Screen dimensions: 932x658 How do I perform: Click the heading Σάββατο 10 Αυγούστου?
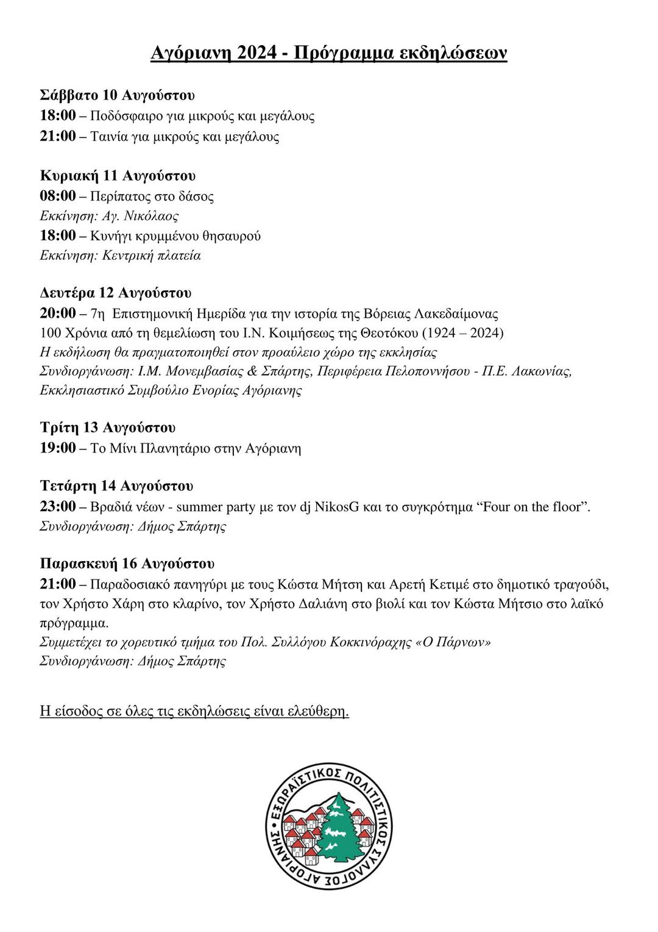[x=117, y=95]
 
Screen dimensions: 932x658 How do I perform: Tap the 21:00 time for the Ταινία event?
[x=58, y=136]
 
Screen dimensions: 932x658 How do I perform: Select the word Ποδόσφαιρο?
[x=126, y=116]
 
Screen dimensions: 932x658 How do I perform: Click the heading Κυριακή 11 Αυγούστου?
[x=118, y=176]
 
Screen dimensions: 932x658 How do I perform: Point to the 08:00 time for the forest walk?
[x=58, y=196]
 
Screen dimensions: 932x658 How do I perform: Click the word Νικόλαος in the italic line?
[x=151, y=216]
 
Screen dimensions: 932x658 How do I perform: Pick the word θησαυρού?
[x=233, y=235]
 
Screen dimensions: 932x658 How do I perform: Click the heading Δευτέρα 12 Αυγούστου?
[x=116, y=293]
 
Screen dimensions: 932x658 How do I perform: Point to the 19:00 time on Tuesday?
[x=58, y=448]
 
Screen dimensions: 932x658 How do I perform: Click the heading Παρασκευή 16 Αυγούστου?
[x=127, y=563]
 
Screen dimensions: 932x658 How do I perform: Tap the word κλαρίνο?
[x=202, y=604]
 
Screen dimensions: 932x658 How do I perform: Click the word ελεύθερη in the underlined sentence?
[x=317, y=711]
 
